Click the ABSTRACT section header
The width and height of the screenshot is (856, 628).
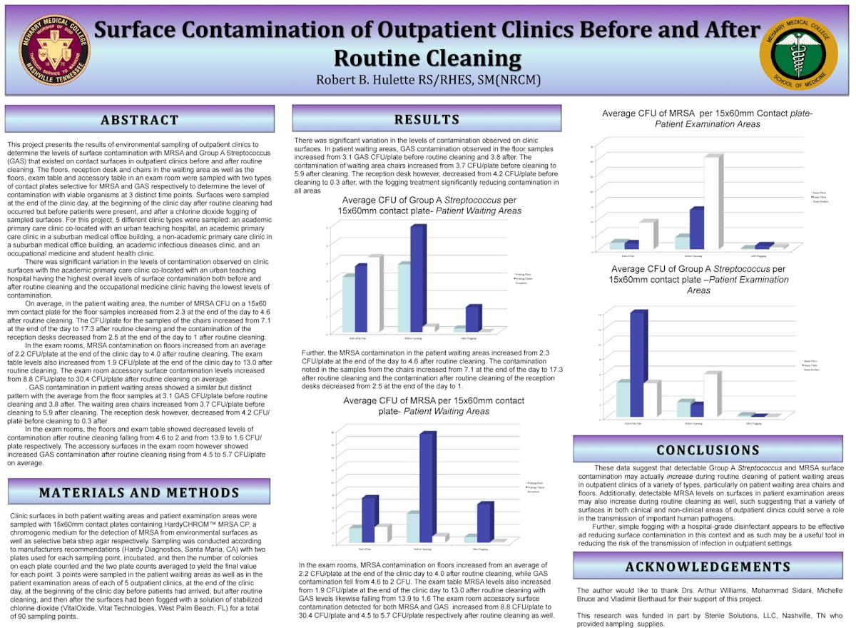pyautogui.click(x=140, y=119)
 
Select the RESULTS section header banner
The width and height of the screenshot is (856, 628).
pyautogui.click(x=427, y=119)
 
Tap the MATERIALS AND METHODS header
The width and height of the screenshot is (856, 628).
pyautogui.click(x=139, y=492)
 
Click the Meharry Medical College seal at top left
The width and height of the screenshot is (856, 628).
pyautogui.click(x=54, y=44)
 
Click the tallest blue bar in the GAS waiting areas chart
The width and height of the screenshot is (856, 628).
pyautogui.click(x=418, y=278)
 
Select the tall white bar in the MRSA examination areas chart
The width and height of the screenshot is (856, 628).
pyautogui.click(x=712, y=201)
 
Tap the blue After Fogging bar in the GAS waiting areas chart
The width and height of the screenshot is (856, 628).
pyautogui.click(x=472, y=318)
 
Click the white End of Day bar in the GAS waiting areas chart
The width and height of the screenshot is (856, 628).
pyautogui.click(x=374, y=293)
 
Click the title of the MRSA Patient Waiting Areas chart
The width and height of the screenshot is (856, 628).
pyautogui.click(x=433, y=405)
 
